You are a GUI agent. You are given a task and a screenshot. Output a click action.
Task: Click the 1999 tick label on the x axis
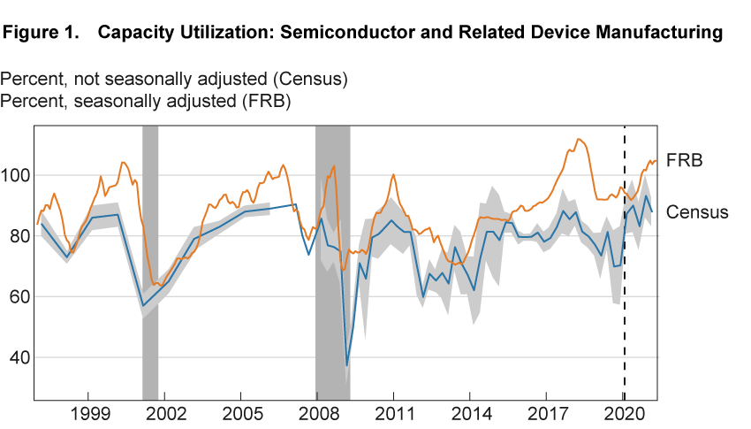[92, 413]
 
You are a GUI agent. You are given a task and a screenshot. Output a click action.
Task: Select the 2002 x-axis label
[168, 413]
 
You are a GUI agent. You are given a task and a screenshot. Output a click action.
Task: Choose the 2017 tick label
[548, 413]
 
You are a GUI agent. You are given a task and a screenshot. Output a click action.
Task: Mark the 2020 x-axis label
[624, 413]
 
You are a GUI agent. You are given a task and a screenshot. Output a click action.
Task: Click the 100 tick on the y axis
[18, 175]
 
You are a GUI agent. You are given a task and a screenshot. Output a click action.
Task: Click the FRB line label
[685, 161]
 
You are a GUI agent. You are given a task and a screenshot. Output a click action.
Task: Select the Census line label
[697, 212]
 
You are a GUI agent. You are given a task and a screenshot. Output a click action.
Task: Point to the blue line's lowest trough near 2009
[347, 364]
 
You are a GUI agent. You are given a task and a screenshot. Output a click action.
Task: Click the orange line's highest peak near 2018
[578, 139]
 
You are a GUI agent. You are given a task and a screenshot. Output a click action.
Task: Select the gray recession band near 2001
[150, 265]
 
